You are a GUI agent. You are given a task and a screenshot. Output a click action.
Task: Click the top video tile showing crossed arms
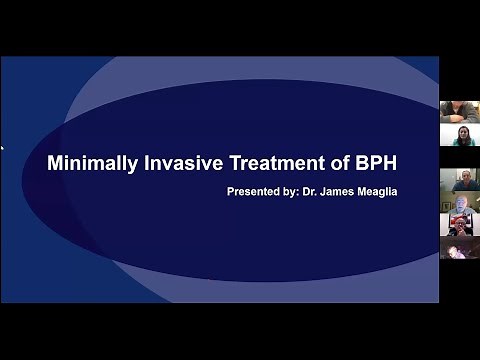pos(459,111)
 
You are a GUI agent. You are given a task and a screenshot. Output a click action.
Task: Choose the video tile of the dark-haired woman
pos(459,136)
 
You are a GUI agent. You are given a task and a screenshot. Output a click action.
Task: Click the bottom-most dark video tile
pos(459,249)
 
